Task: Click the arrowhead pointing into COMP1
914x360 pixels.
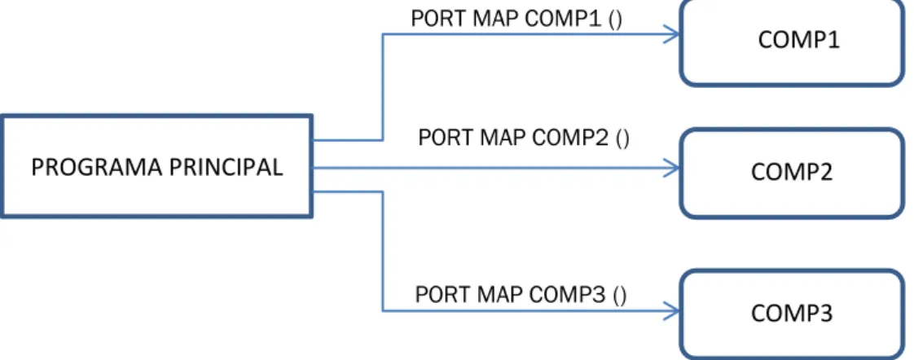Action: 671,34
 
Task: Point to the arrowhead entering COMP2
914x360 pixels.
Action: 671,169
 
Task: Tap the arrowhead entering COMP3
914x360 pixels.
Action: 671,310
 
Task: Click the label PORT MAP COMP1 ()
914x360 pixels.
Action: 516,20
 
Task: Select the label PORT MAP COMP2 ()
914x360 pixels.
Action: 524,138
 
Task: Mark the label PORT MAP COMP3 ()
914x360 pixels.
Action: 521,295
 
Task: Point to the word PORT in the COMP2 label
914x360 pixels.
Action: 445,138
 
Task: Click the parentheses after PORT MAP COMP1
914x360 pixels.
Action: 616,20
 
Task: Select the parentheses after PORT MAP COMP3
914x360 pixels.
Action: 620,296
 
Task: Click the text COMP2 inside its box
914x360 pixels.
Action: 792,173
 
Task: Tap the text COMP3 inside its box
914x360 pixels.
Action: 792,314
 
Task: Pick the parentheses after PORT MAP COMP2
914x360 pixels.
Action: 622,139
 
